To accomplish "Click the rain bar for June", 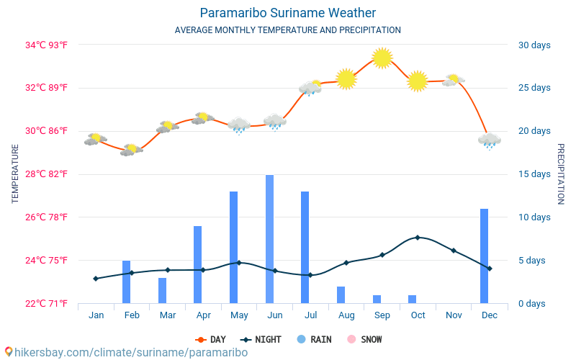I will pos(269,239).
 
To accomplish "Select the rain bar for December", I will pos(485,256).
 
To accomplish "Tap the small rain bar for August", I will pos(341,294).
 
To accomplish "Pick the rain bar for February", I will pos(127,282).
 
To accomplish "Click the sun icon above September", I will pos(382,58).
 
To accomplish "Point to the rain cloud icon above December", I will pos(490,140).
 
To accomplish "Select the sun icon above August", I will pos(346,78).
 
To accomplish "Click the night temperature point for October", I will pos(418,237).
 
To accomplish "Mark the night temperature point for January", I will pos(96,279).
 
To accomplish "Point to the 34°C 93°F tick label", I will pos(46,45).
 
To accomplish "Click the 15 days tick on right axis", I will pos(534,174).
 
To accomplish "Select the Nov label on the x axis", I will pos(454,315).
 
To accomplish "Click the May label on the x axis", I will pos(239,315).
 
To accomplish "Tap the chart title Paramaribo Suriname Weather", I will pos(288,13).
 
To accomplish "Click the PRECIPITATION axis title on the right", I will pos(562,174).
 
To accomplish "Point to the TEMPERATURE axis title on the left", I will pos(15,174).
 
